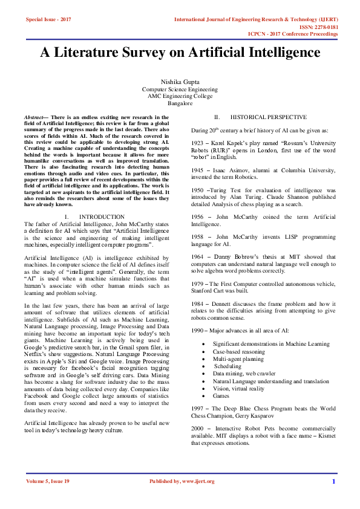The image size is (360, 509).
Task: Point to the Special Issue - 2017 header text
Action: [48, 20]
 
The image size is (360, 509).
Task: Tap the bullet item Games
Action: [221, 395]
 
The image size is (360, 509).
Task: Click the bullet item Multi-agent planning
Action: [238, 358]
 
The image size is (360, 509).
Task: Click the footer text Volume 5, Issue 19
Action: [48, 481]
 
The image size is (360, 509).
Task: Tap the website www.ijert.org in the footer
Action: [198, 481]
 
